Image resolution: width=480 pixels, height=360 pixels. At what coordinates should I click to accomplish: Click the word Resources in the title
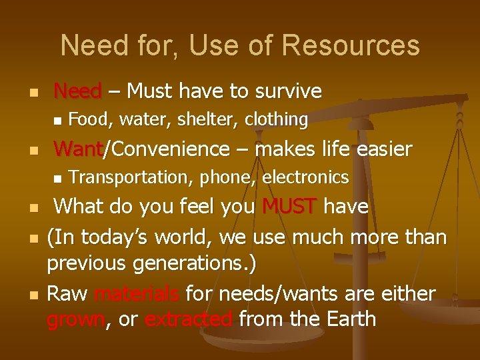pyautogui.click(x=351, y=46)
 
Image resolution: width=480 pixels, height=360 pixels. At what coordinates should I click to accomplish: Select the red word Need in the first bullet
pyautogui.click(x=77, y=91)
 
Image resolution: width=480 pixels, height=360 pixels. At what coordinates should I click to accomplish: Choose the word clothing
pyautogui.click(x=276, y=120)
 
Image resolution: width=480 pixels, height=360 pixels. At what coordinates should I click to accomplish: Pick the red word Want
pyautogui.click(x=77, y=149)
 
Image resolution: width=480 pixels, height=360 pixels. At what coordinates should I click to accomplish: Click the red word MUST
pyautogui.click(x=289, y=207)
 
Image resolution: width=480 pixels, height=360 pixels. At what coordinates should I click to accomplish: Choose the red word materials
pyautogui.click(x=136, y=293)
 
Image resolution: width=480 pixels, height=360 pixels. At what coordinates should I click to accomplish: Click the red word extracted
pyautogui.click(x=188, y=319)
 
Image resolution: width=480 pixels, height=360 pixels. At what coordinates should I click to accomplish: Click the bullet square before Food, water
pyautogui.click(x=57, y=121)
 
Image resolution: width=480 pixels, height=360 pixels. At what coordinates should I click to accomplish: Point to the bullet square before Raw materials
pyautogui.click(x=35, y=294)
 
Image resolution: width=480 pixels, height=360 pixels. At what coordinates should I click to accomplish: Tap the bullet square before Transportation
pyautogui.click(x=57, y=178)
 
